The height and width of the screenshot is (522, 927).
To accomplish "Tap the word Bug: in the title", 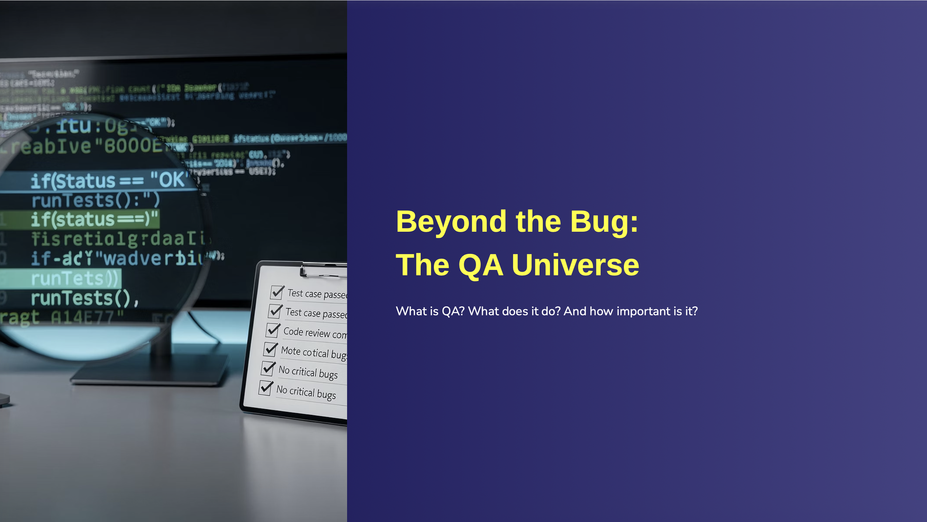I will point(604,222).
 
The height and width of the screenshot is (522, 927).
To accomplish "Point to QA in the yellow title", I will point(480,265).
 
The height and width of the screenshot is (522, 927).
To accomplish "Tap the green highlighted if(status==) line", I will point(94,220).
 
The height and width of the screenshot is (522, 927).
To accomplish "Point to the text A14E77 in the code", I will point(86,317).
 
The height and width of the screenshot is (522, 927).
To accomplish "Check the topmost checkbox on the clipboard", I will point(277,292).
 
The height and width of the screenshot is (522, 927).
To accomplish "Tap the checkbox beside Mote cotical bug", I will point(270,349).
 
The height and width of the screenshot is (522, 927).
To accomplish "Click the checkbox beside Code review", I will point(272,330).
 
